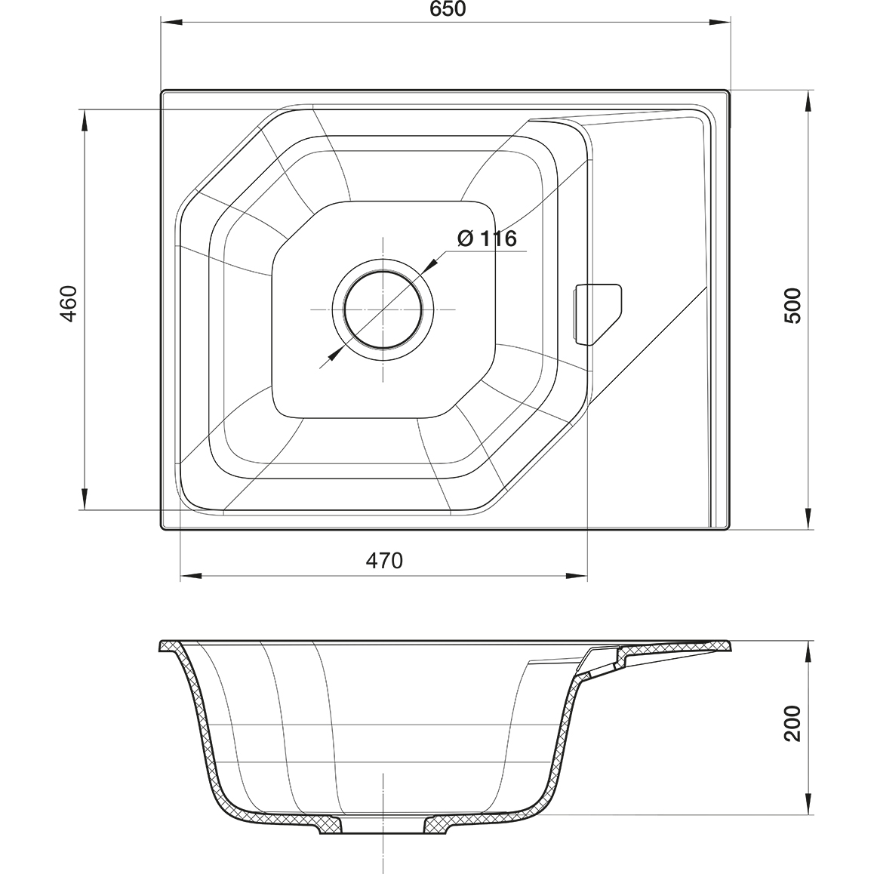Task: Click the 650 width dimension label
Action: (x=448, y=9)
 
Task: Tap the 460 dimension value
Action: (x=69, y=303)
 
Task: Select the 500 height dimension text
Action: (x=792, y=306)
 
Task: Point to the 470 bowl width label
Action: (x=384, y=560)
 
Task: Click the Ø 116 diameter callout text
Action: (x=487, y=239)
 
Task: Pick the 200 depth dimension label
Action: (x=792, y=724)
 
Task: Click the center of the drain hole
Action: (x=383, y=309)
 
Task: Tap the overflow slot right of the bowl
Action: (x=597, y=315)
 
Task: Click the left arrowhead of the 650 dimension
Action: (x=169, y=23)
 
